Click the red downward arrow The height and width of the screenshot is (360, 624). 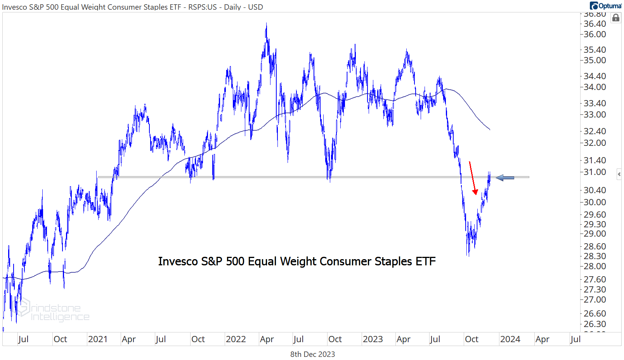472,178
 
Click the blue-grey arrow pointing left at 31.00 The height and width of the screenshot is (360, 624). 505,178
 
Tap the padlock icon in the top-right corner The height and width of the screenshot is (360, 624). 615,18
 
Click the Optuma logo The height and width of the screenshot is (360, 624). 605,5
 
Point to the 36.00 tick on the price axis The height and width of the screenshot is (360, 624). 595,34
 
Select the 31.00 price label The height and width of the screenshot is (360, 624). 595,172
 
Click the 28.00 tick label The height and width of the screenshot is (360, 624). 595,266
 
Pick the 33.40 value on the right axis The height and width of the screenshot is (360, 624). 595,103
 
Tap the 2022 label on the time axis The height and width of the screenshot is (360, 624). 236,339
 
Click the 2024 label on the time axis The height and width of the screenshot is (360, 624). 510,339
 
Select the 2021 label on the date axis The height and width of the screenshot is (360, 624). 97,339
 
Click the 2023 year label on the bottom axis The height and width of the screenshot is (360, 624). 373,339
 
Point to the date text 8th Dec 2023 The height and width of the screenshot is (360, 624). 312,354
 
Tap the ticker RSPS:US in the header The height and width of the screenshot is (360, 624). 202,7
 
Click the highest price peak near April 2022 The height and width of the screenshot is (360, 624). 266,24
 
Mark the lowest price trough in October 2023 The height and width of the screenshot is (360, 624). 468,255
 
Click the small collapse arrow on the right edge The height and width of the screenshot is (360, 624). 619,175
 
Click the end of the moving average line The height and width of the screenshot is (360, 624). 490,129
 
